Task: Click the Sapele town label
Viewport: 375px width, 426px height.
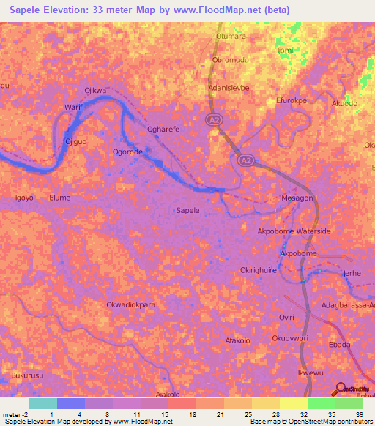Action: click(x=188, y=210)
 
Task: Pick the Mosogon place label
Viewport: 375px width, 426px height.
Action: click(x=297, y=198)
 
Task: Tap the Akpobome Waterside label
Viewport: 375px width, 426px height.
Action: click(x=294, y=231)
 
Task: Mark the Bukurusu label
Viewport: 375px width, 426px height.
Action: click(x=27, y=375)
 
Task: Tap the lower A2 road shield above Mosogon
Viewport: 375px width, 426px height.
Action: click(x=246, y=160)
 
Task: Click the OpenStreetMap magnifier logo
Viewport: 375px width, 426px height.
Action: click(x=341, y=389)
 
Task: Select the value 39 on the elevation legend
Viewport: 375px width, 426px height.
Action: click(x=359, y=414)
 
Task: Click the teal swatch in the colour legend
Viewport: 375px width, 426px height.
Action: click(x=42, y=403)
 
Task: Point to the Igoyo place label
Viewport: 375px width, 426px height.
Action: click(x=25, y=198)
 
